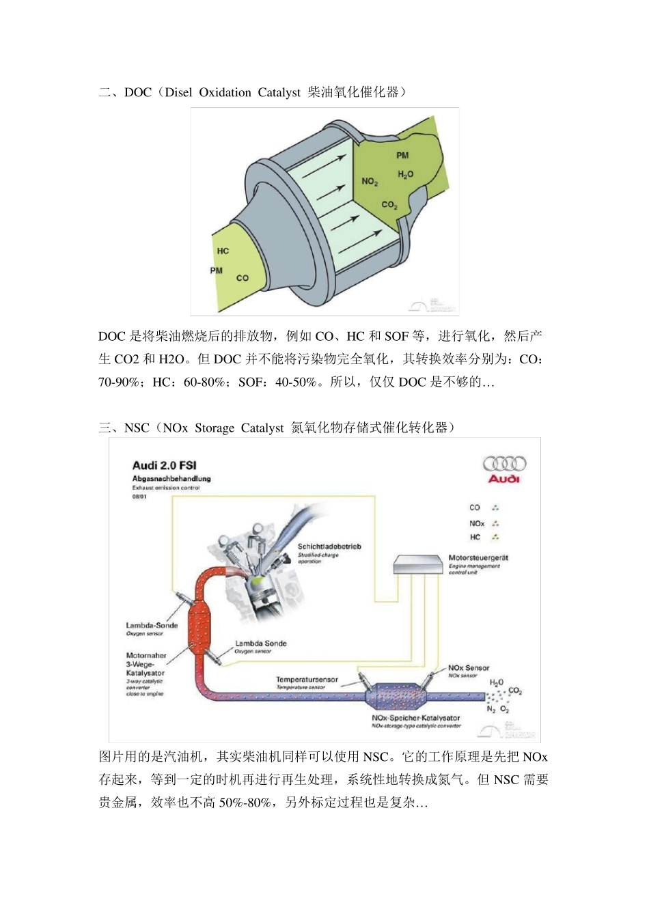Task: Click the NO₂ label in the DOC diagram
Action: [x=370, y=182]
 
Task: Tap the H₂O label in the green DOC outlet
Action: [x=405, y=175]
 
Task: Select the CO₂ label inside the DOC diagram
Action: [x=389, y=205]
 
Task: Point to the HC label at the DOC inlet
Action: [x=223, y=251]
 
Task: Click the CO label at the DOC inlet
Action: [x=242, y=278]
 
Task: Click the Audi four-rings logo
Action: [x=504, y=464]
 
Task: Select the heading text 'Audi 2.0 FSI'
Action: [x=164, y=466]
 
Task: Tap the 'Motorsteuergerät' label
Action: [x=478, y=558]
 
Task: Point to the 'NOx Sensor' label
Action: [x=469, y=667]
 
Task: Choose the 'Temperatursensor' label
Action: [x=307, y=680]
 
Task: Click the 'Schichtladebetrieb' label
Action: [x=329, y=546]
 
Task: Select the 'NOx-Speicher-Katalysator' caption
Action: [x=416, y=718]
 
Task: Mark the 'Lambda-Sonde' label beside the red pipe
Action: [x=152, y=625]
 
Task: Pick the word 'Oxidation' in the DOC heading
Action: [x=225, y=93]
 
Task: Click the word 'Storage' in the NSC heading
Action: [x=215, y=428]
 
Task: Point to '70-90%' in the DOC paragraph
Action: [x=119, y=382]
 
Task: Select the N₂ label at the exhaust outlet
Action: [x=491, y=709]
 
